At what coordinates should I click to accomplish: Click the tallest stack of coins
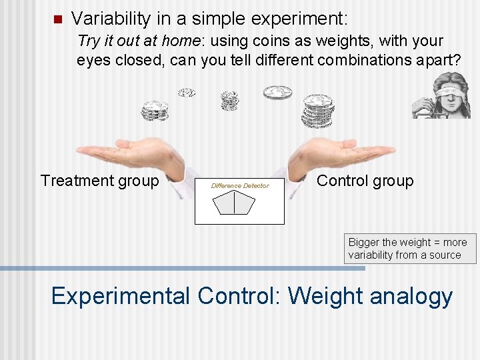tap(317, 111)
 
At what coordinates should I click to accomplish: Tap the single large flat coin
tap(277, 93)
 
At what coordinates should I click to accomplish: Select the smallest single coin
tap(187, 93)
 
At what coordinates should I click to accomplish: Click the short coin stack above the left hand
tap(155, 110)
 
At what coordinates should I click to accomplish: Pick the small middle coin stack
tap(229, 101)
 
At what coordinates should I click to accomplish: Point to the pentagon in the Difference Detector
tap(234, 202)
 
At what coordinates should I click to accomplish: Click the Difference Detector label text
tap(239, 185)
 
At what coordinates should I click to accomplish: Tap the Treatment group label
tap(99, 181)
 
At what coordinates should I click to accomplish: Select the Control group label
tap(365, 181)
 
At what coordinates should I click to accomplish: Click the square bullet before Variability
tap(57, 18)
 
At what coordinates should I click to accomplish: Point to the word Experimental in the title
tap(120, 295)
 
